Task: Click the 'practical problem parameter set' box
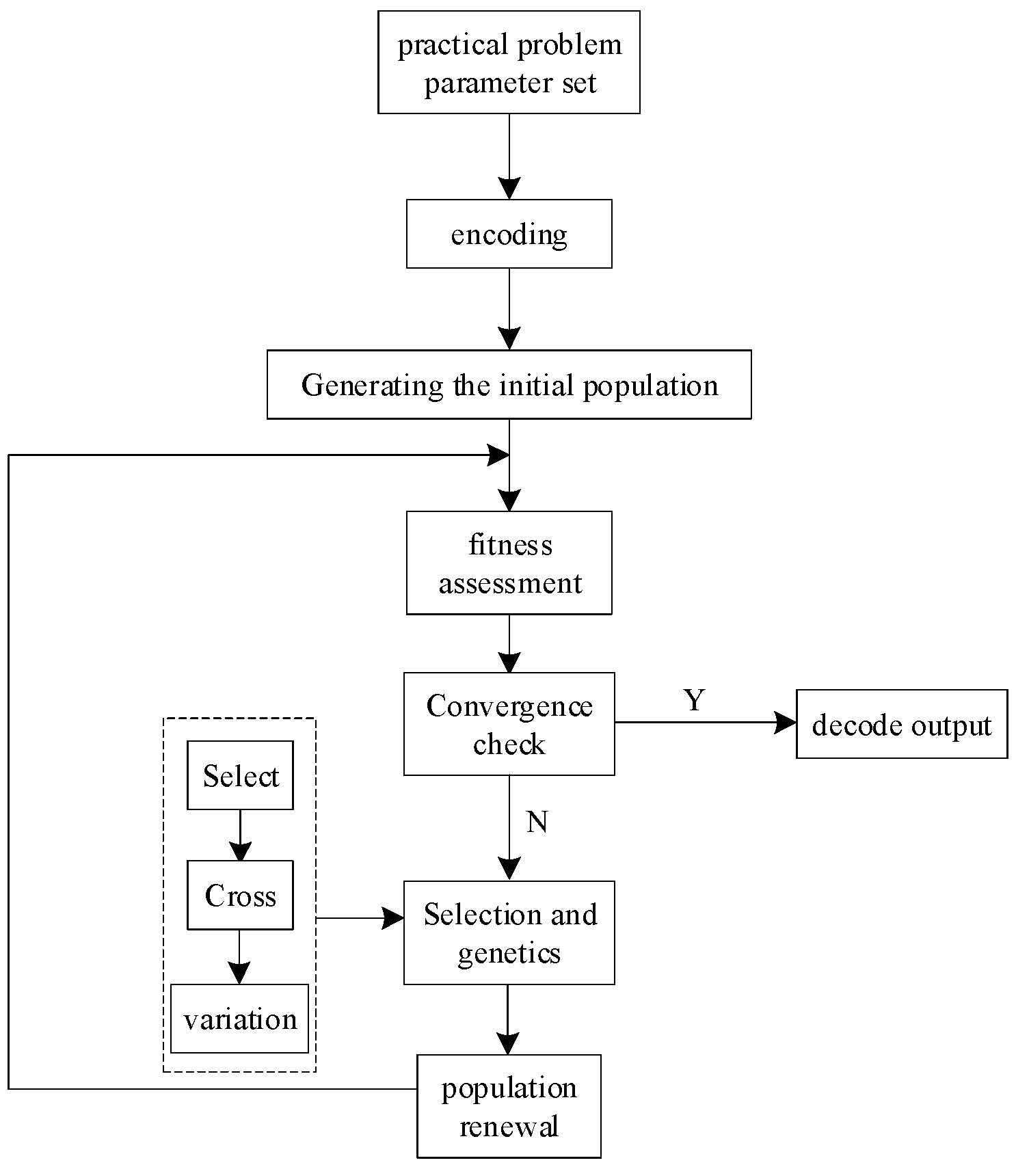[509, 62]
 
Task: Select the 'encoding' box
[509, 234]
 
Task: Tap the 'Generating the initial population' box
[509, 384]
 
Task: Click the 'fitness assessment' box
[509, 563]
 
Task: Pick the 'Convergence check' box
[509, 724]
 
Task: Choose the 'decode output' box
[901, 725]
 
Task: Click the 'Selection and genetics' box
[509, 933]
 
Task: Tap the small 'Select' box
[240, 775]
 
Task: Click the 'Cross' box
[240, 895]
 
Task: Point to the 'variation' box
[239, 1019]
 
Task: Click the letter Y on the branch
[694, 700]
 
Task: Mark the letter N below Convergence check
[537, 822]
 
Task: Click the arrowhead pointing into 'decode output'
[786, 722]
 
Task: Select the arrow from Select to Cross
[240, 835]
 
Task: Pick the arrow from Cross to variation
[239, 957]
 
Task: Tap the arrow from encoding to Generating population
[509, 309]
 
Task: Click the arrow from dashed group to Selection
[360, 918]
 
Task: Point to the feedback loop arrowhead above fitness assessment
[498, 455]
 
